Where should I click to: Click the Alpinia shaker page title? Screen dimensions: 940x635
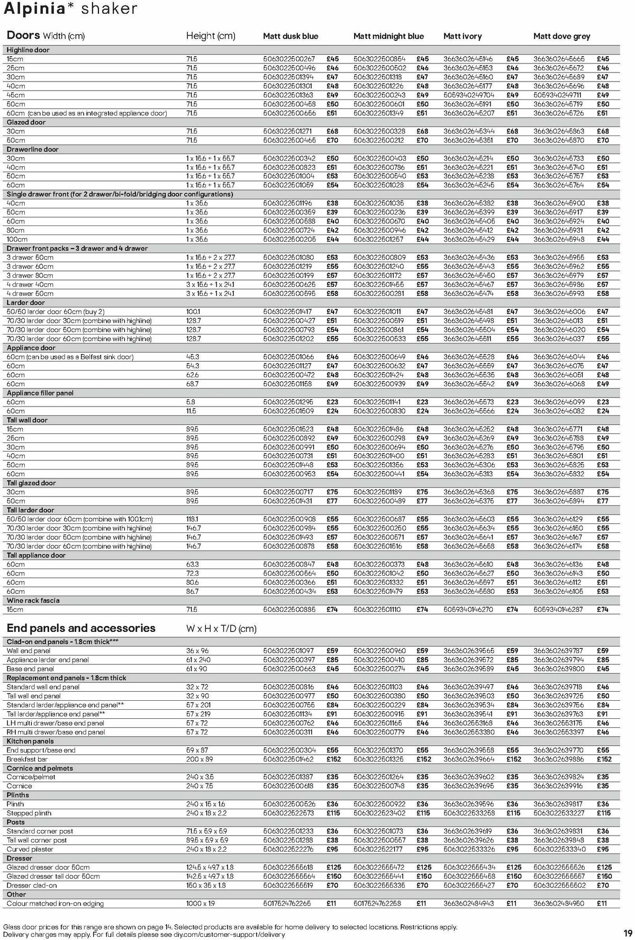coord(70,9)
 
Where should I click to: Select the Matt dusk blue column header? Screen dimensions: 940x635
coord(291,37)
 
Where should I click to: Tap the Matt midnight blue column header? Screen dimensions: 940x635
coord(388,37)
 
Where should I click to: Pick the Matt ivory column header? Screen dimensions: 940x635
coord(462,37)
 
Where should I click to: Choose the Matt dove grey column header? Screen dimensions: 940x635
coord(561,37)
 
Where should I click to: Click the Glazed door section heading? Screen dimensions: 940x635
coord(26,122)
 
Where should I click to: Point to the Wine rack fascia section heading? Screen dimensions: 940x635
coord(33,600)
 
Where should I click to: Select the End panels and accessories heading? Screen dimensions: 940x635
coord(81,628)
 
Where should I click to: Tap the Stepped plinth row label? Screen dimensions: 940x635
coord(29,813)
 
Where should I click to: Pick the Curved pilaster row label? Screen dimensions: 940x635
coord(30,849)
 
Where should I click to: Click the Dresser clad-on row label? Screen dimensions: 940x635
coord(32,885)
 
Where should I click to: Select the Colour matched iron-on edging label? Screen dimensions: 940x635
coord(55,903)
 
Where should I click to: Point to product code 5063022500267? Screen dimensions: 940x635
coord(289,59)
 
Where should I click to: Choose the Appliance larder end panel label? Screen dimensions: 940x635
coord(48,660)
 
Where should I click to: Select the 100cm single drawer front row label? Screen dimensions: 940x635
coord(17,239)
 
